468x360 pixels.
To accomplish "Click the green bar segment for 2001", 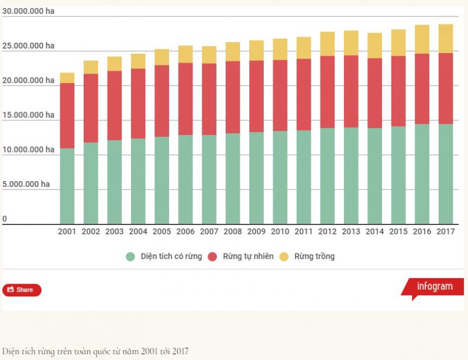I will [x=67, y=186].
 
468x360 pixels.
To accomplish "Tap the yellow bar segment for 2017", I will [x=446, y=39].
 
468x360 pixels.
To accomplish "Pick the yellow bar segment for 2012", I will [x=328, y=44].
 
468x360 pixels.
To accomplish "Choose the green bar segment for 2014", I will [x=375, y=175].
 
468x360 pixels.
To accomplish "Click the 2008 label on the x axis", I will [x=233, y=231].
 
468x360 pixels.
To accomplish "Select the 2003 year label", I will [x=115, y=231].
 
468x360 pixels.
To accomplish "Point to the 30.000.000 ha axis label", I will [x=28, y=11].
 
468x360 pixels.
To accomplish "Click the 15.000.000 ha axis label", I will [x=28, y=115].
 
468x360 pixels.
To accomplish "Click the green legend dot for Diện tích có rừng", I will [x=130, y=257].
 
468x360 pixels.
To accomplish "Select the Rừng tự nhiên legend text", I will [x=248, y=257].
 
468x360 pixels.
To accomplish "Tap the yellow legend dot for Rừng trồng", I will [x=284, y=257].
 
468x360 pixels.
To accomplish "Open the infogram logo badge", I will [x=433, y=287].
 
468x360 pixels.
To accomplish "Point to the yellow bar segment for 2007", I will [x=209, y=55].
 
